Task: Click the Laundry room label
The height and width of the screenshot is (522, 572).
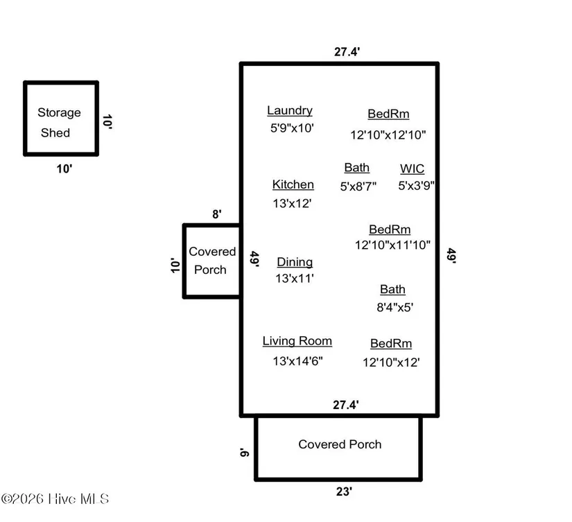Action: (x=290, y=110)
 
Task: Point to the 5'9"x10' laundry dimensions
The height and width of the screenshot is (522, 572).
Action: (x=292, y=128)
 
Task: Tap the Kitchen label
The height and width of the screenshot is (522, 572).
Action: (x=293, y=184)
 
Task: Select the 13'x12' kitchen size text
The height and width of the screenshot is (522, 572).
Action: (x=292, y=203)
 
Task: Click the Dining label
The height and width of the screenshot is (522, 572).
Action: (x=295, y=262)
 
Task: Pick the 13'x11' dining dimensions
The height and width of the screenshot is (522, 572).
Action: (x=295, y=278)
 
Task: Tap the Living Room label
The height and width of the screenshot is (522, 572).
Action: (x=297, y=341)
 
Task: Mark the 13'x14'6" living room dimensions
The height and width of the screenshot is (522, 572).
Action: (x=297, y=361)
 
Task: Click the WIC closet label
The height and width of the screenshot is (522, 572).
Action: (x=413, y=169)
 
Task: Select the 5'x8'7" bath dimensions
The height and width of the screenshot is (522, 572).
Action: (x=358, y=186)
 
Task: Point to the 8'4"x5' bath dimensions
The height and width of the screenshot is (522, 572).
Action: (x=395, y=307)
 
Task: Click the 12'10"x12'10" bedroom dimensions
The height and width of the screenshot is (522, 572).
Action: (x=388, y=135)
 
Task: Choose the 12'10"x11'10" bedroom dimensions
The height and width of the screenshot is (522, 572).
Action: (x=392, y=245)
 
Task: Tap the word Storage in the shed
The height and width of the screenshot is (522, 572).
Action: (x=59, y=113)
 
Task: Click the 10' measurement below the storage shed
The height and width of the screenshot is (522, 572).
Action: (x=64, y=169)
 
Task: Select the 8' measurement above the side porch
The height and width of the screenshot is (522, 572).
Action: (x=217, y=214)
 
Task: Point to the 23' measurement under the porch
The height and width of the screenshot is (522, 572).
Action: (x=344, y=491)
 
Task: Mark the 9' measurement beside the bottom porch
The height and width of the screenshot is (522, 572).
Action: (x=245, y=452)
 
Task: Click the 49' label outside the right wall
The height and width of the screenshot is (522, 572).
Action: (x=451, y=255)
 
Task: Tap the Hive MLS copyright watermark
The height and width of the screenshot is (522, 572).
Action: (x=55, y=498)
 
